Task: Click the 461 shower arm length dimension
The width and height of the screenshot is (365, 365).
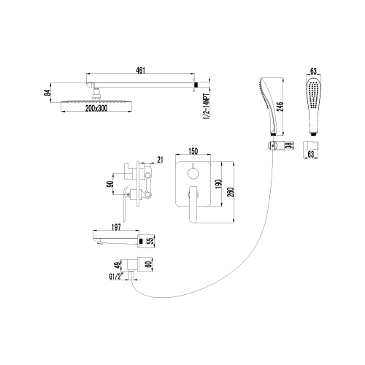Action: pyautogui.click(x=140, y=70)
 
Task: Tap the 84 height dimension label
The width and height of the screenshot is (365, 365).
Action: pyautogui.click(x=48, y=93)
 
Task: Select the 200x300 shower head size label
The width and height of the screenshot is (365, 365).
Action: pyautogui.click(x=96, y=108)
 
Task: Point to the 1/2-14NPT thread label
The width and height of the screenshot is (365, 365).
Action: pyautogui.click(x=207, y=107)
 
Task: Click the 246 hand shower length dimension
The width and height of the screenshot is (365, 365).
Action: pyautogui.click(x=280, y=107)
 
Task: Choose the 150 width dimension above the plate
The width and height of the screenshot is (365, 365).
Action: pyautogui.click(x=193, y=151)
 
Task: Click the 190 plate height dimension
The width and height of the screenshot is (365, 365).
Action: pyautogui.click(x=218, y=184)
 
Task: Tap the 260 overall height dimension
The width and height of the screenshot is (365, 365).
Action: pyautogui.click(x=231, y=192)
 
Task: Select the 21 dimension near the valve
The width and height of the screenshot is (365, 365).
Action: pyautogui.click(x=160, y=160)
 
